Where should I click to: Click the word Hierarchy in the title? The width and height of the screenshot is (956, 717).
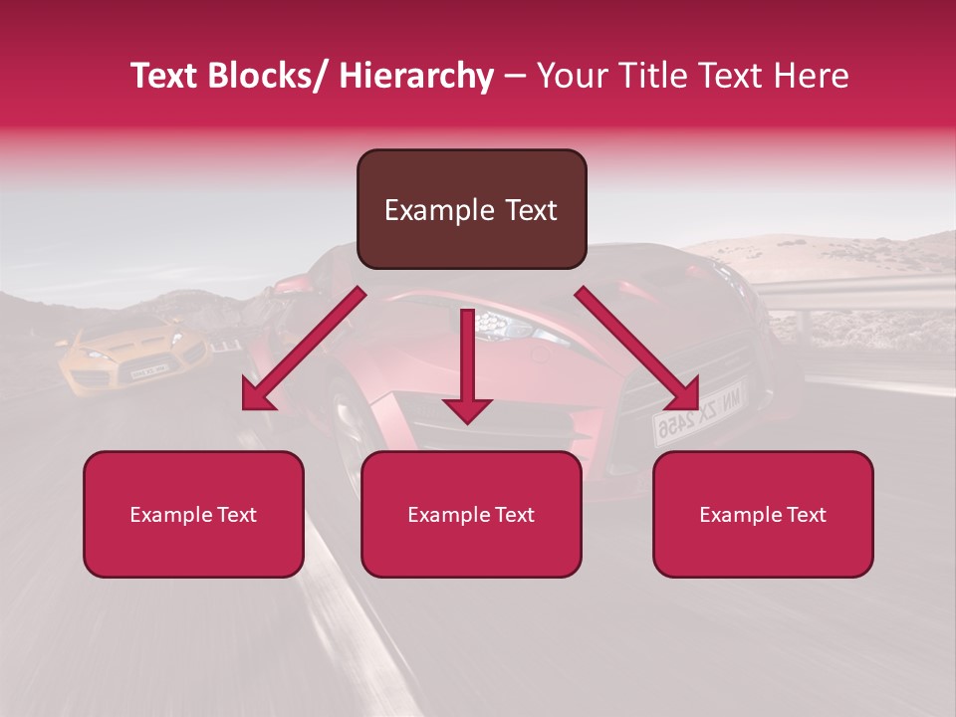coord(416,77)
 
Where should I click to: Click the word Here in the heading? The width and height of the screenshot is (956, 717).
coord(813,77)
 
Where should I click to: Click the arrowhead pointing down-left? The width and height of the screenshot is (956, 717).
coord(257,396)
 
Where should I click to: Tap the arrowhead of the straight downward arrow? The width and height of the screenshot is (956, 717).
coord(467,408)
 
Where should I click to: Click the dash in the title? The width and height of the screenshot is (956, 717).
coord(515,77)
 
